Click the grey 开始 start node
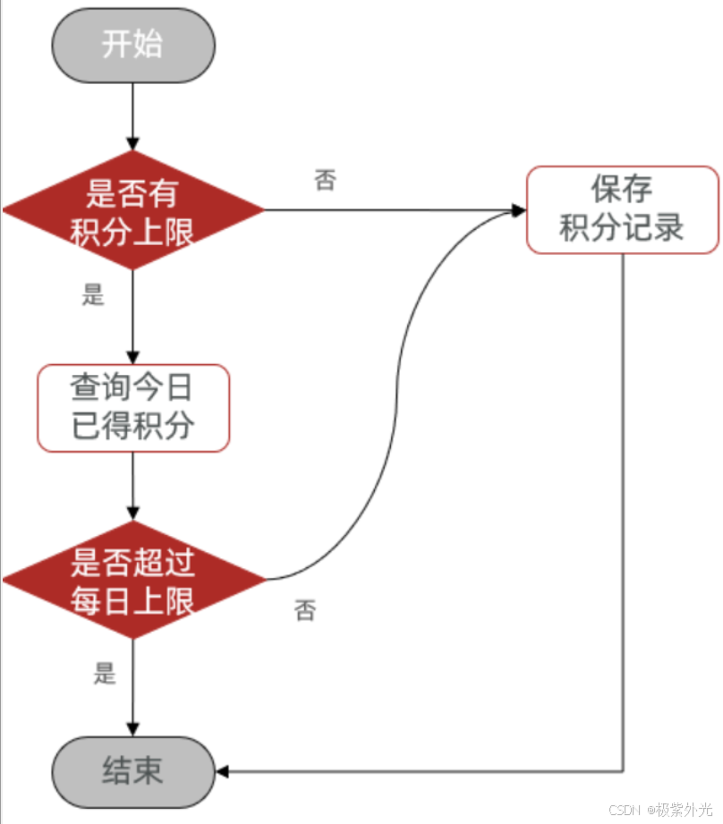tap(132, 46)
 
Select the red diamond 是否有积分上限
tap(133, 210)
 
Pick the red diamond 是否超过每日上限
tap(133, 581)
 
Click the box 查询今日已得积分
tap(133, 408)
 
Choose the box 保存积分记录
tap(622, 209)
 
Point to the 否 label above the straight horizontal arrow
tap(325, 181)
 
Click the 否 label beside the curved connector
tap(304, 612)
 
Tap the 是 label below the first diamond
tap(94, 296)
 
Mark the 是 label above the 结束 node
tap(105, 674)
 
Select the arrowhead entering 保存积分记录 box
tap(518, 210)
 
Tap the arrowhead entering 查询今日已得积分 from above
tap(133, 356)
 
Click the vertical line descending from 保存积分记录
tap(622, 510)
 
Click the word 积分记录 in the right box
tap(622, 228)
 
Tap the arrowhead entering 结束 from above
tap(133, 728)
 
